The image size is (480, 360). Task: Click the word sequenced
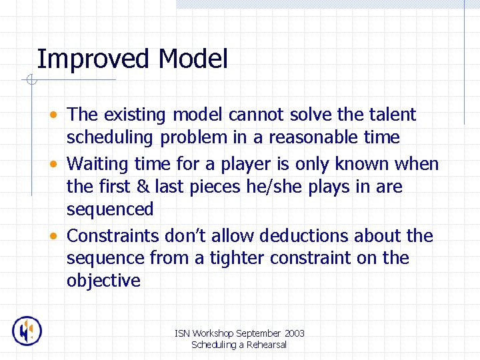pyautogui.click(x=110, y=209)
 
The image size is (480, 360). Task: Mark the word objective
pyautogui.click(x=103, y=281)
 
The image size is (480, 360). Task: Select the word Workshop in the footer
pyautogui.click(x=218, y=333)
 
